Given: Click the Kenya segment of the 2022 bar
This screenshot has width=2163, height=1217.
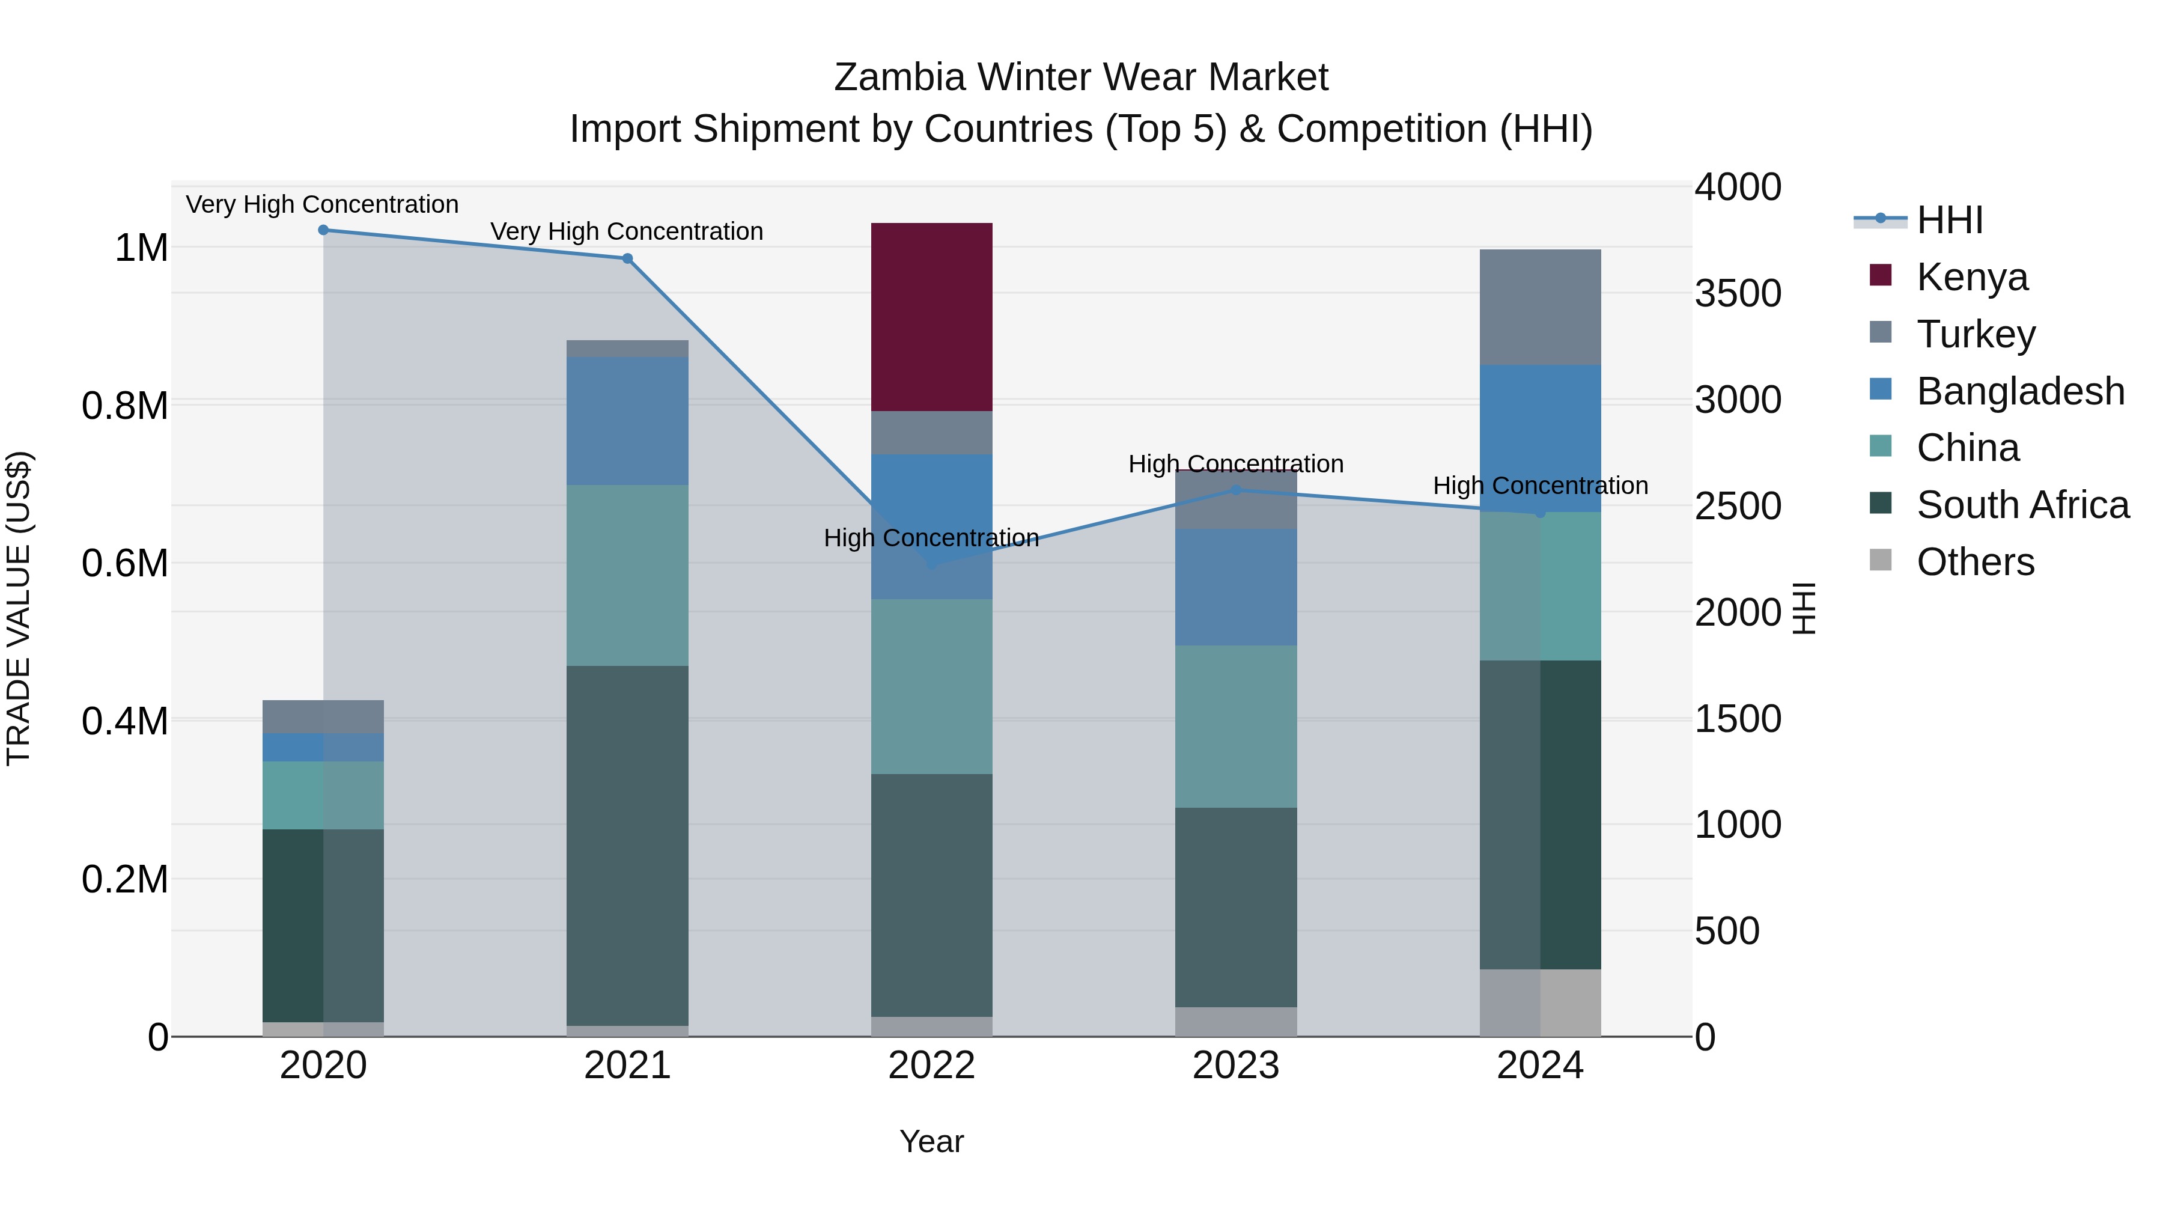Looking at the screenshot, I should [x=931, y=317].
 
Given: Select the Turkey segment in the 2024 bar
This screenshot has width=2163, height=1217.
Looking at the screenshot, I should [x=1539, y=307].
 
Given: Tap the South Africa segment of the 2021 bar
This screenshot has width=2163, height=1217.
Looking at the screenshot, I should [x=627, y=845].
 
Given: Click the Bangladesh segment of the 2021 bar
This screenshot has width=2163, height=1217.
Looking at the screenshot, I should [x=627, y=421].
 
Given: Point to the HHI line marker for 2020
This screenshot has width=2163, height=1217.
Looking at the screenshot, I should [x=323, y=230].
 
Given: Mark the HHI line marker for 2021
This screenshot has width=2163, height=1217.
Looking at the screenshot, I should [x=627, y=258].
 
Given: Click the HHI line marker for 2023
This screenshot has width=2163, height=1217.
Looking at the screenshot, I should [x=1235, y=490].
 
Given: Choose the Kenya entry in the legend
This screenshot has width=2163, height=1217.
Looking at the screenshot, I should [x=1971, y=277].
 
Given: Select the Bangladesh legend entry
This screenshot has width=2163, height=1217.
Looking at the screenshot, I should [x=2019, y=391].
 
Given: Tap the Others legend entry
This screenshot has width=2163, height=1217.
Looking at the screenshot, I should [x=1975, y=562].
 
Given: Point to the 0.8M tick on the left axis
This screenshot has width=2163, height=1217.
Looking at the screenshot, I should [x=125, y=406].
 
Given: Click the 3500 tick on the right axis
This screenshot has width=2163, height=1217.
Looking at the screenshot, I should [x=1737, y=294].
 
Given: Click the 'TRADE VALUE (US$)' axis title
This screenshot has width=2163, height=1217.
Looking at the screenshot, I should [x=19, y=608].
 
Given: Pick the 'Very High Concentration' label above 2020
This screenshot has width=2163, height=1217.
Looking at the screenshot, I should [x=323, y=205].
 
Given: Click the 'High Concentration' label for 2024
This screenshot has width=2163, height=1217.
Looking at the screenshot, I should [x=1540, y=486].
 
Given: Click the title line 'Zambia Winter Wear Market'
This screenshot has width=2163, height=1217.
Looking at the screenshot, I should [x=1081, y=78].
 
